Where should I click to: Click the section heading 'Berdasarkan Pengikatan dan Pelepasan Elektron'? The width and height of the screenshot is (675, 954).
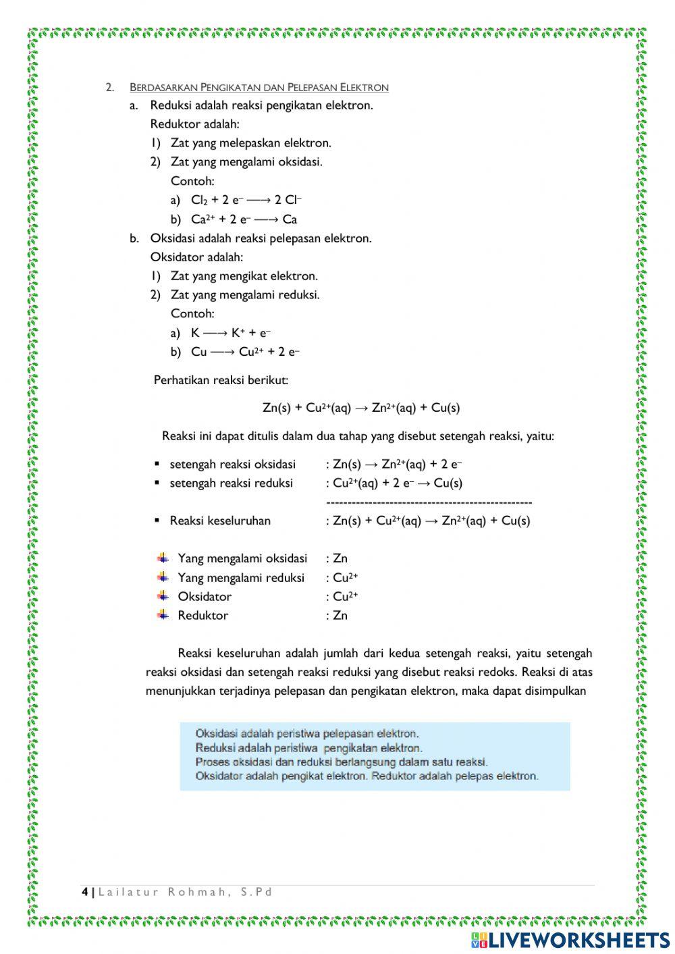tap(259, 87)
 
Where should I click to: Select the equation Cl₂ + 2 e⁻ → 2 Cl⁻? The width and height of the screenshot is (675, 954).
tap(246, 200)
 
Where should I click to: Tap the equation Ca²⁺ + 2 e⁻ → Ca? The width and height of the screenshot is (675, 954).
tap(244, 219)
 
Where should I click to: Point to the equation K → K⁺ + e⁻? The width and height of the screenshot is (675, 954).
tap(231, 332)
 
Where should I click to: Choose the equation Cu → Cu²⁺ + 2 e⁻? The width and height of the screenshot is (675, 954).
tap(245, 351)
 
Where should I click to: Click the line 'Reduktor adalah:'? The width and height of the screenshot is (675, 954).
tap(194, 124)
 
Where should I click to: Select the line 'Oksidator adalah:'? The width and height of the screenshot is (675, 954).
tap(196, 257)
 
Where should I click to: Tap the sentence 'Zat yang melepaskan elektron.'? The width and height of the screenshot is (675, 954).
tap(250, 143)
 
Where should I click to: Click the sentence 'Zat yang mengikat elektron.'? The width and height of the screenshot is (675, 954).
tap(244, 275)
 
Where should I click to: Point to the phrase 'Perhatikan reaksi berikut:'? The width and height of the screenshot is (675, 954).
tap(221, 380)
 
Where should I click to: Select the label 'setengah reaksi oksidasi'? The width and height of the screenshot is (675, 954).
tap(232, 464)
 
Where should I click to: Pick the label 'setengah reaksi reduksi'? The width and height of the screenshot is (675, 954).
tap(231, 483)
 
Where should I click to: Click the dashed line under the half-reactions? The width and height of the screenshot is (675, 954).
tap(429, 502)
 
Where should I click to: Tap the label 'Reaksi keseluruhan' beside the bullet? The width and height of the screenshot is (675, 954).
tap(220, 521)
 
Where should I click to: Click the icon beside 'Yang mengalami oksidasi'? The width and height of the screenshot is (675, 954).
tap(163, 558)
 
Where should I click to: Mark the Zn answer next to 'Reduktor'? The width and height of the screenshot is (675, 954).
tap(340, 615)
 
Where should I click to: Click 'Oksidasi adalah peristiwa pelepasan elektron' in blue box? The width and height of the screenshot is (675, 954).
tap(307, 733)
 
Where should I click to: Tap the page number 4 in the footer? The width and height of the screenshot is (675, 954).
tap(85, 892)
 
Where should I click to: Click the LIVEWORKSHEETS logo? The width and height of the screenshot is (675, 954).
tap(570, 940)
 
